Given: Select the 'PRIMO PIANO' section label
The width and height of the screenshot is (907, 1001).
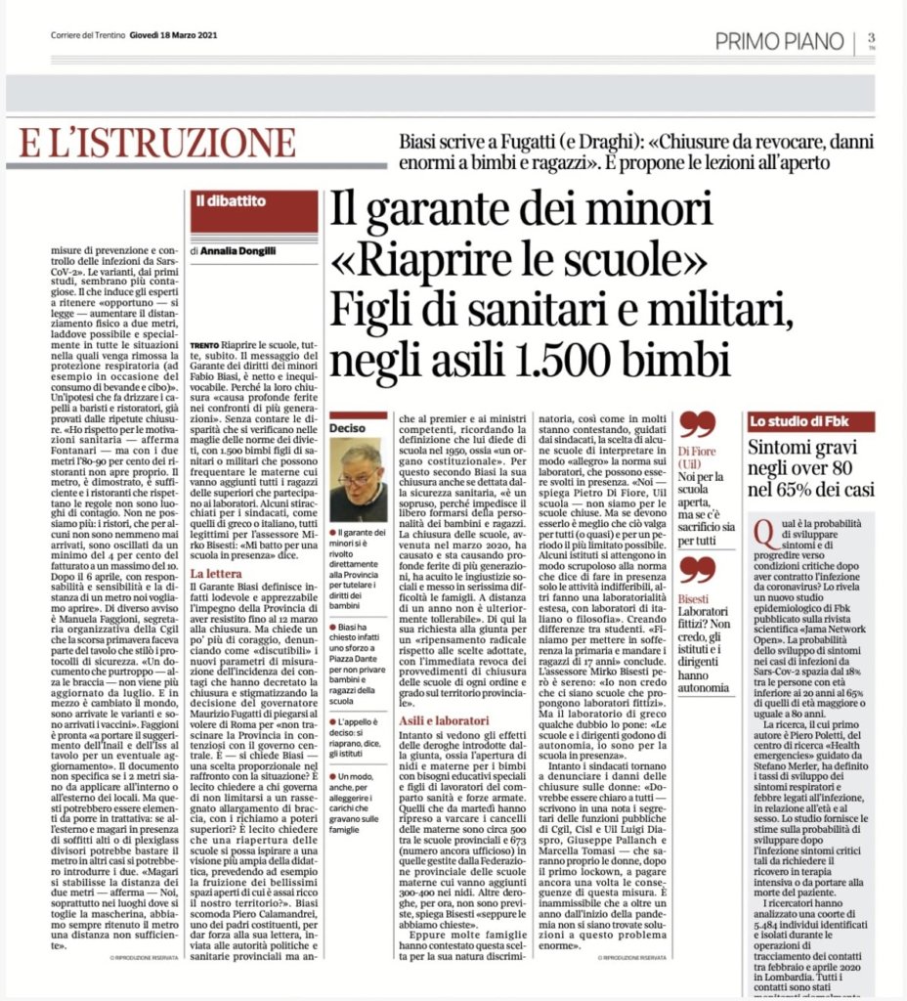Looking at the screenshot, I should point(778,40).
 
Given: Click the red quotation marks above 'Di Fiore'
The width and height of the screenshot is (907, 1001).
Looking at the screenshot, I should point(696,423).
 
